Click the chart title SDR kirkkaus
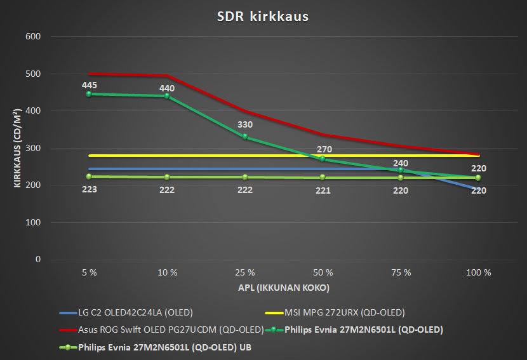(x=263, y=17)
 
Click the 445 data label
(x=90, y=84)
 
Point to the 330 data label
(x=245, y=125)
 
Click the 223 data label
(x=90, y=190)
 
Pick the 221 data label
(x=323, y=190)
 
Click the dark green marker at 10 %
(x=167, y=96)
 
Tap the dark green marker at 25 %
(x=245, y=137)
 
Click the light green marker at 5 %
(x=90, y=177)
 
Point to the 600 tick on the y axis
(x=32, y=37)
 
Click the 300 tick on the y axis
(x=32, y=149)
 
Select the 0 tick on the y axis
(x=38, y=260)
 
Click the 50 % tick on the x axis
(x=323, y=272)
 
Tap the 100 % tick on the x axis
(x=479, y=272)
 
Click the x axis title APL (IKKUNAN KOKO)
(x=284, y=287)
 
